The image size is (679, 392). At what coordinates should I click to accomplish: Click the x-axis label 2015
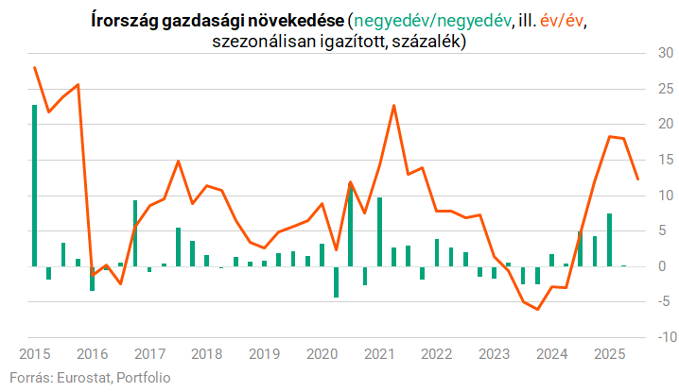35,353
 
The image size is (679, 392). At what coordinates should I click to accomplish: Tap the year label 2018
207,353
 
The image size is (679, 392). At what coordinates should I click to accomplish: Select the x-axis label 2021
379,353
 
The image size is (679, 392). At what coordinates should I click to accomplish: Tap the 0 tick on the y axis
664,266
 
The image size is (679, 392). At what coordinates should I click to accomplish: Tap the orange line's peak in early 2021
393,105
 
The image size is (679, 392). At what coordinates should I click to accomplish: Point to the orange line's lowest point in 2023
537,309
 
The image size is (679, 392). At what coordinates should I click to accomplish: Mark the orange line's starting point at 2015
35,68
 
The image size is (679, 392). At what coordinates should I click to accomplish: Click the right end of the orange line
637,179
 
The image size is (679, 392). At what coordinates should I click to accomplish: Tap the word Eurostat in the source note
81,377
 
